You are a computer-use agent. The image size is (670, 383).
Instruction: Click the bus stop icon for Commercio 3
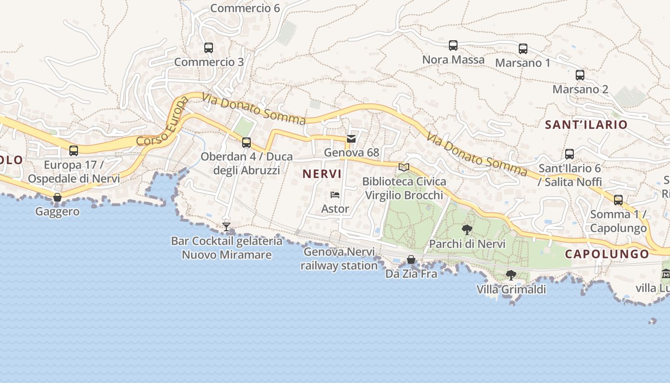pyautogui.click(x=208, y=48)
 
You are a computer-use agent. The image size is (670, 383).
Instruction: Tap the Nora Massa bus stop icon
pyautogui.click(x=453, y=45)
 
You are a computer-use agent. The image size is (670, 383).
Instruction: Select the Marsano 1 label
pyautogui.click(x=523, y=63)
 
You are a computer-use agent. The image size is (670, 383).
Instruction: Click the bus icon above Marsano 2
pyautogui.click(x=580, y=75)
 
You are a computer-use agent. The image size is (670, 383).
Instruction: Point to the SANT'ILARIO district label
pyautogui.click(x=586, y=125)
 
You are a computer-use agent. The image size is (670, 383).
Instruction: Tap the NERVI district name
pyautogui.click(x=322, y=174)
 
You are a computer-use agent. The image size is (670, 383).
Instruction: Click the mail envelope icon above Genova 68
pyautogui.click(x=351, y=139)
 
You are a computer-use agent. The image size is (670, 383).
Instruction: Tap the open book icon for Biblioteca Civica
pyautogui.click(x=404, y=167)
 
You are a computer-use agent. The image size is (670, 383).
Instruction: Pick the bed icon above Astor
pyautogui.click(x=335, y=195)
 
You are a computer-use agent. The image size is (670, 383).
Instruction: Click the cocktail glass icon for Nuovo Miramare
pyautogui.click(x=226, y=226)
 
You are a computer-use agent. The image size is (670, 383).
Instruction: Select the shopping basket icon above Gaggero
pyautogui.click(x=57, y=197)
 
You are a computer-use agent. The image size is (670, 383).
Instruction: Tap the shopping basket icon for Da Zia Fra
pyautogui.click(x=411, y=259)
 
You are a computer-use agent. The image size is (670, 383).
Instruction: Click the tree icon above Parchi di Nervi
pyautogui.click(x=467, y=229)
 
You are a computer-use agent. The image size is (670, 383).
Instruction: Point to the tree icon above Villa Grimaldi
pyautogui.click(x=511, y=275)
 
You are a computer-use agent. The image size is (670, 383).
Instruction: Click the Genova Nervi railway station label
pyautogui.click(x=339, y=259)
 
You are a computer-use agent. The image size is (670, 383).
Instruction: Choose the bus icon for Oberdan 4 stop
pyautogui.click(x=246, y=143)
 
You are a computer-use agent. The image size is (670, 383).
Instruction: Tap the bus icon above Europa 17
pyautogui.click(x=74, y=151)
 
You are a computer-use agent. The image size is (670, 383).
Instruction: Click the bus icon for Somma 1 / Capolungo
pyautogui.click(x=618, y=200)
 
